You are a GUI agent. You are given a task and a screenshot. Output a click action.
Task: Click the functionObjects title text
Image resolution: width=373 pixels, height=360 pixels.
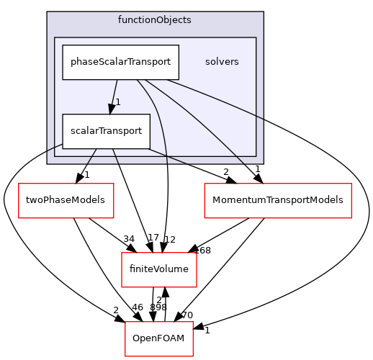154,19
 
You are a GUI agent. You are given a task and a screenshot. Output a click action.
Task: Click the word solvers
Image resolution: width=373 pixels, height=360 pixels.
222,61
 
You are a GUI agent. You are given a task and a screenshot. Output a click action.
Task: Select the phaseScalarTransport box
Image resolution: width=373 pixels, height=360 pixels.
120,62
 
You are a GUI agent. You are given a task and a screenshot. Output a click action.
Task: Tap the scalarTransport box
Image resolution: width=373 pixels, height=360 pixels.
106,131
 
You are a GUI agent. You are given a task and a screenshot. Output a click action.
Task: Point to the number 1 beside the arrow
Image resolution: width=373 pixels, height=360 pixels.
118,102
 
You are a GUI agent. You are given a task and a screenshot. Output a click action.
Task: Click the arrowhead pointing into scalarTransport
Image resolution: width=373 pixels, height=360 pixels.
111,109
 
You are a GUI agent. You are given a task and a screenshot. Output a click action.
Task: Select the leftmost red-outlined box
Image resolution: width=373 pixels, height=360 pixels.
66,200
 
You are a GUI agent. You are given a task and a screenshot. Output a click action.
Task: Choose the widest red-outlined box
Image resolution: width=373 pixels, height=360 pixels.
278,200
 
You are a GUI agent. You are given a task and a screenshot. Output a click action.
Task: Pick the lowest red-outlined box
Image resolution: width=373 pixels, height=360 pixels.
159,338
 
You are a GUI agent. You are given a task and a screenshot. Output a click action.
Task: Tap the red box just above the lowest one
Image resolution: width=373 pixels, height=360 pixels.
159,270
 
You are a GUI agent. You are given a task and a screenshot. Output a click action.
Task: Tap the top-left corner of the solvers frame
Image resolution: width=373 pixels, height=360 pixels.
55,37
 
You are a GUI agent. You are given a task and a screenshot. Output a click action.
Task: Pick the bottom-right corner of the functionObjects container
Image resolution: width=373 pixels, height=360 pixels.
263,163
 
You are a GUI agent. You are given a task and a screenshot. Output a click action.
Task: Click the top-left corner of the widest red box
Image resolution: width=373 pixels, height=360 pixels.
205,184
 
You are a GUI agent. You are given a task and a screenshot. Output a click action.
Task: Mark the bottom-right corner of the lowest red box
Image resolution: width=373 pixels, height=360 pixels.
193,355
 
